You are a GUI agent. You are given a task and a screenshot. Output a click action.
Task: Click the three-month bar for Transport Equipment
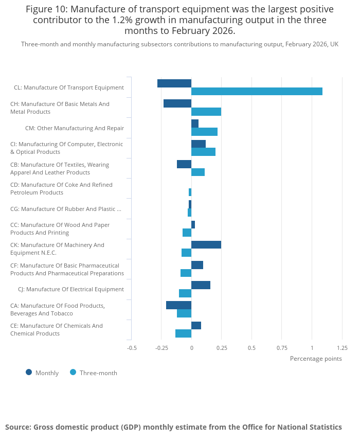point(257,92)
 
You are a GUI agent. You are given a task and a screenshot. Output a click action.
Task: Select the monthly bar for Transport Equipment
point(174,83)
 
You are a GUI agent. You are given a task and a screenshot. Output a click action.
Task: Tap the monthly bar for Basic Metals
point(177,103)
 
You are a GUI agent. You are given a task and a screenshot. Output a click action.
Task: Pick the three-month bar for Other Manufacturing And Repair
point(204,132)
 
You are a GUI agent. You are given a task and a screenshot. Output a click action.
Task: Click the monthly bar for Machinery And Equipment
point(206,245)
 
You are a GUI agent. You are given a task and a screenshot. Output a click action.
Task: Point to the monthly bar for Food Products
point(179,305)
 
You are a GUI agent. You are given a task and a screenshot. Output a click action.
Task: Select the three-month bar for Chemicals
point(183,333)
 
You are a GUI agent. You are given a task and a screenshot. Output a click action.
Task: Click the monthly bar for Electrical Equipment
point(201,285)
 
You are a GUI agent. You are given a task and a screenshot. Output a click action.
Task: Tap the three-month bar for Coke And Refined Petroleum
point(190,192)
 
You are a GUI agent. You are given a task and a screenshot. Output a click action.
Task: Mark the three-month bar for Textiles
point(198,172)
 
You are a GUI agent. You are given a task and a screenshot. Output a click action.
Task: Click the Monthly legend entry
point(42,373)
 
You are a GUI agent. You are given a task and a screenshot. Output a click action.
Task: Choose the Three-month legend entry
point(94,373)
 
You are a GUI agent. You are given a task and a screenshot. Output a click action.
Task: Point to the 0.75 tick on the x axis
point(282,348)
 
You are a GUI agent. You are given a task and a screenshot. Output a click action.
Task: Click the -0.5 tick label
point(132,348)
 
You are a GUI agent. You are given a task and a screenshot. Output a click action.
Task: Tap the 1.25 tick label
point(343,348)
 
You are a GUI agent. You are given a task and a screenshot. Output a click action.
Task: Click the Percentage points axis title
point(316,359)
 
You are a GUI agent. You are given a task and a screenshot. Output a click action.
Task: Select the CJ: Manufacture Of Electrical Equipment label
point(71,289)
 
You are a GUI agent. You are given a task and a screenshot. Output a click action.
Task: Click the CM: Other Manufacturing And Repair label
point(75,128)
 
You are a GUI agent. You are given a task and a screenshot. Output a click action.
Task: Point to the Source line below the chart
point(173,427)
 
